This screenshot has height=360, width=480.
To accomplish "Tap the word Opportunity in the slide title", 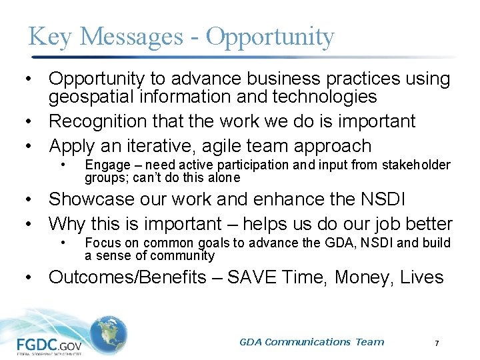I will coord(270,38).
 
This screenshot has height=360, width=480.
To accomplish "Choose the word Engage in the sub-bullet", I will coord(104,165).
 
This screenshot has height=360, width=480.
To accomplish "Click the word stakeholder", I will coord(417,165).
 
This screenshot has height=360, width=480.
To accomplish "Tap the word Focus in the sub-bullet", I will coord(101,243).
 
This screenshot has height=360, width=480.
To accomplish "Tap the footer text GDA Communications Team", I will coord(312,342).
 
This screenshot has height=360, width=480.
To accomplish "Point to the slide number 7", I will coord(437,343).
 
